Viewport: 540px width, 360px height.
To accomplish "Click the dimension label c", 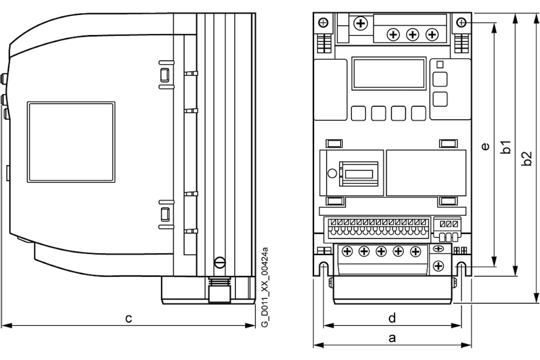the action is [129, 319].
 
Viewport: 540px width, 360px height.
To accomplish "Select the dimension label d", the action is [392, 318].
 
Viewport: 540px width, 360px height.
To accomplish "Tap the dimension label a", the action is [392, 338].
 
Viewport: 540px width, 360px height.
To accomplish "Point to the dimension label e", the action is [485, 146].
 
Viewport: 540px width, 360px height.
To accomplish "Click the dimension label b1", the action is [505, 147].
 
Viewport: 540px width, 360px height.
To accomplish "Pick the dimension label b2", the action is [526, 158].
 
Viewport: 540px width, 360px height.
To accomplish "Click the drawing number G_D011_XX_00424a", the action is [265, 287].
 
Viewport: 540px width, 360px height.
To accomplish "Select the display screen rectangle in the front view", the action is [389, 73].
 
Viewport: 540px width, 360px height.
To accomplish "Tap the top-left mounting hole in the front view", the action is [323, 23].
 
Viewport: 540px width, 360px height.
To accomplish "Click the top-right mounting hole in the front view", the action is [461, 23].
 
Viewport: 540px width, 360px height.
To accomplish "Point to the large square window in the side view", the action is [71, 142].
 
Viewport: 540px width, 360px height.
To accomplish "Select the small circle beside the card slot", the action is [332, 173].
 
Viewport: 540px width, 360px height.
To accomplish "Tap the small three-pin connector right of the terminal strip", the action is [448, 229].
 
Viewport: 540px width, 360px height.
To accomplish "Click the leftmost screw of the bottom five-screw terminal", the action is [347, 252].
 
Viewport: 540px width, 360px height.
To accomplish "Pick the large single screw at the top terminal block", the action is [360, 23].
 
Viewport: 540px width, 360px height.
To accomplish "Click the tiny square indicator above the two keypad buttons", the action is [440, 65].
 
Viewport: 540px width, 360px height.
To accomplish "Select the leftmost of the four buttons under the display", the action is [358, 113].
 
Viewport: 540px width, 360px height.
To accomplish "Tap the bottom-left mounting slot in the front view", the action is [323, 269].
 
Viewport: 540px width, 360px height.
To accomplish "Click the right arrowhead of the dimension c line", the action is [250, 325].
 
